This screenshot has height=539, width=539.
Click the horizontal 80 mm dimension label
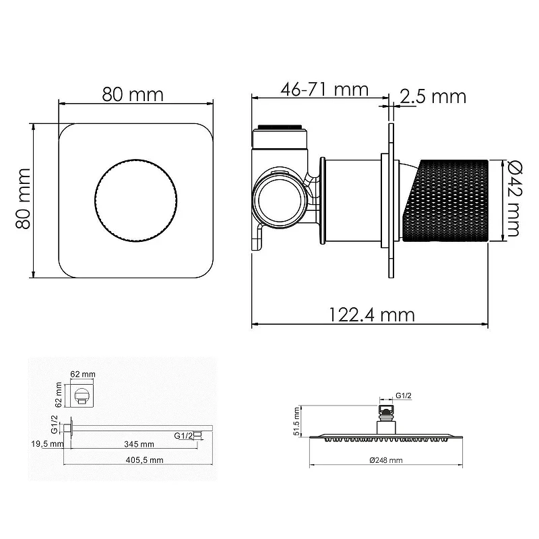click(132, 94)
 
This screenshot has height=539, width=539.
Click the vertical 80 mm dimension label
click(24, 199)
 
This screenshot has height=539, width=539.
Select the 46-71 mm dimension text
click(325, 90)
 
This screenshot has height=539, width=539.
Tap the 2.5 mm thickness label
click(433, 96)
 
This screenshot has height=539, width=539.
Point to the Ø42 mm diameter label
click(513, 199)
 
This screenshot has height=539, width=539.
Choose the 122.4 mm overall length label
click(372, 315)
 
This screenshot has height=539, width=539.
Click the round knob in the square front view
click(136, 200)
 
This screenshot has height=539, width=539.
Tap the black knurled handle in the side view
click(446, 201)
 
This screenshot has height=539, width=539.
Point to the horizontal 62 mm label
click(83, 374)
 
